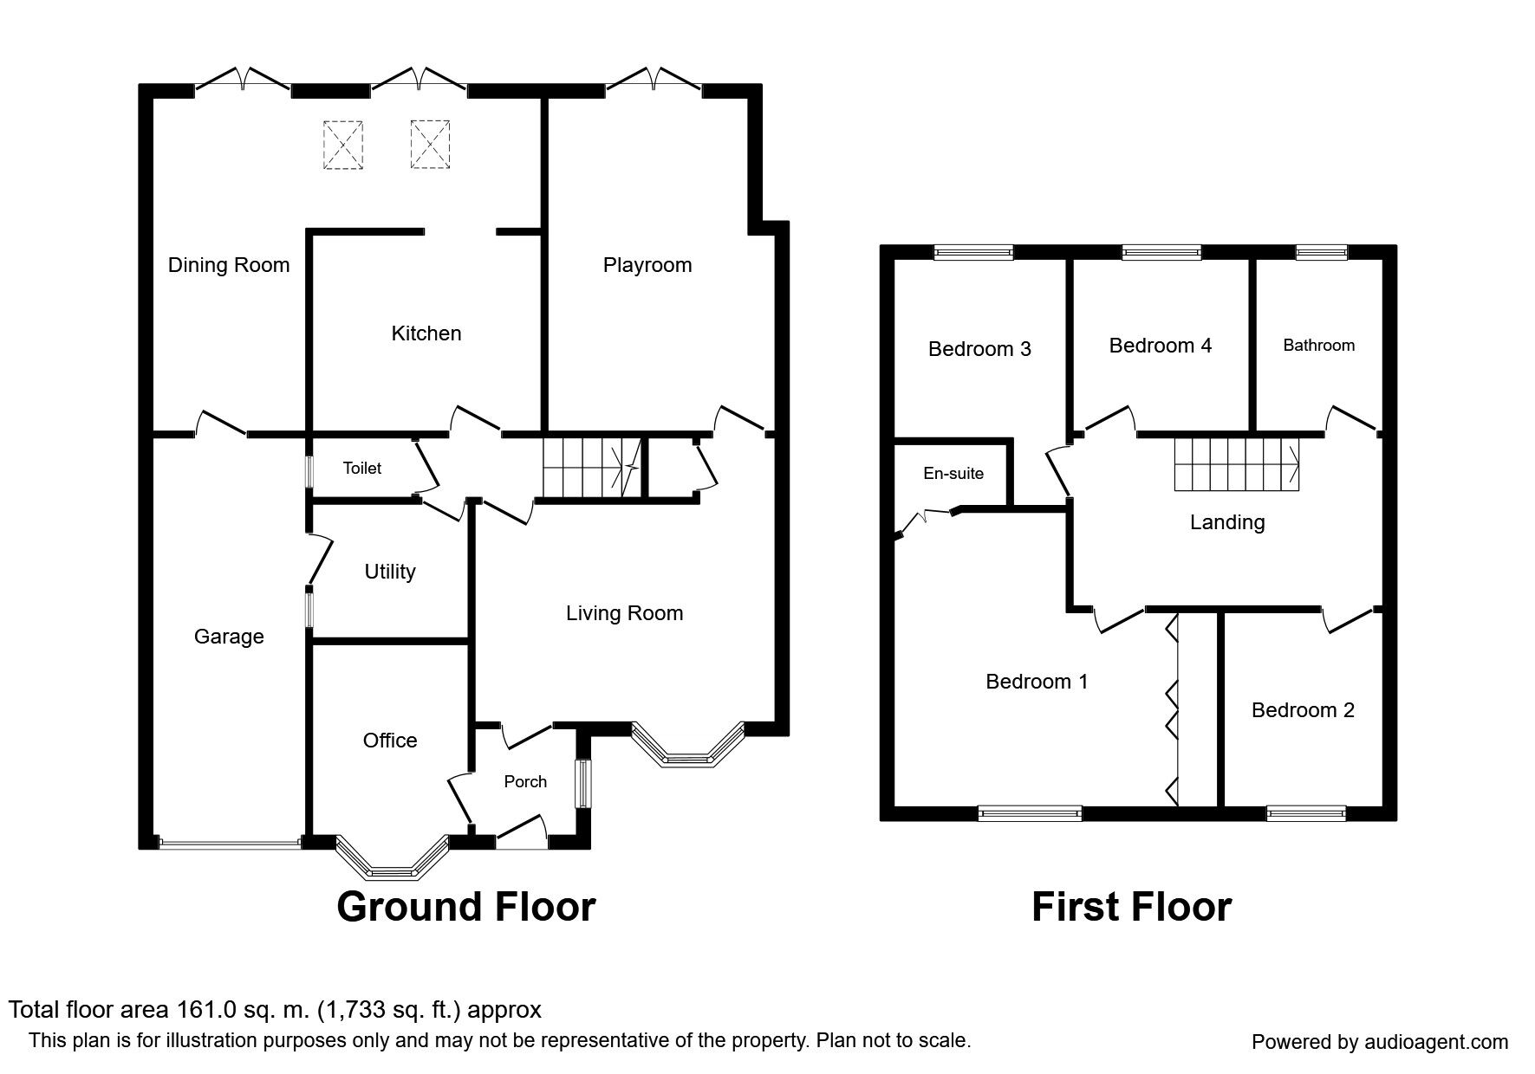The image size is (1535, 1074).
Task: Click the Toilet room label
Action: (x=361, y=469)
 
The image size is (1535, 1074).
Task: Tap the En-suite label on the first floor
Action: (x=953, y=474)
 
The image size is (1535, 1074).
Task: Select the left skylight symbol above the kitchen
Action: (x=343, y=144)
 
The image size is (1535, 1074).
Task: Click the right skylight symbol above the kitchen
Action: (x=430, y=144)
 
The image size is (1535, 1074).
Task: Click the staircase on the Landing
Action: (x=1236, y=464)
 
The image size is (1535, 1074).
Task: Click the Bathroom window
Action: (x=1321, y=252)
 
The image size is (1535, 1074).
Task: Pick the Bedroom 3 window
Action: (x=972, y=252)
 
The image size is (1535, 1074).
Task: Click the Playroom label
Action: (x=647, y=265)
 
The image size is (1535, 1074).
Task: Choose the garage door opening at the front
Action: (x=230, y=841)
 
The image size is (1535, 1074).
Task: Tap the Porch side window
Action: (x=584, y=784)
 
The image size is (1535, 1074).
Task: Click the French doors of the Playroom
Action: (x=654, y=81)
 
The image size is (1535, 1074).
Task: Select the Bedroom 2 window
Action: (x=1305, y=812)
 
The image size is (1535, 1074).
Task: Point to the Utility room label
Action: (x=390, y=572)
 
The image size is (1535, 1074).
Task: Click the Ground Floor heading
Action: (x=465, y=907)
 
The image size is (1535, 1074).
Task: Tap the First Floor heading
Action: (x=1130, y=907)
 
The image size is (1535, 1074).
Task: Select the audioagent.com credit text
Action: (x=1380, y=1042)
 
